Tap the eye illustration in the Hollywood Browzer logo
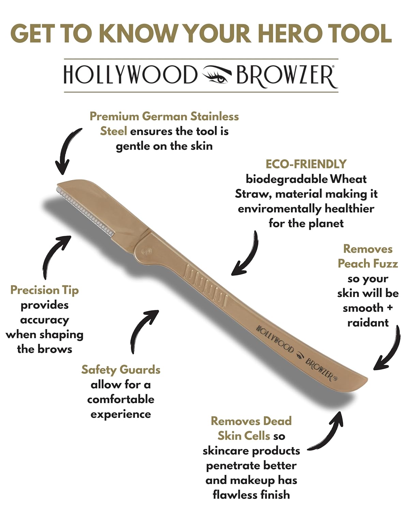click(217, 75)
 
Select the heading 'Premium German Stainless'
click(164, 116)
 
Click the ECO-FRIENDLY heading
click(306, 164)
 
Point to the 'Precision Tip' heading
click(44, 290)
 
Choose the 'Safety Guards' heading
click(121, 370)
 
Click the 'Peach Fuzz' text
click(368, 264)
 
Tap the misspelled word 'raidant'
click(368, 323)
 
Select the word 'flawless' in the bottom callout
click(232, 495)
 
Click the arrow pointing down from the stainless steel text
click(67, 150)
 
